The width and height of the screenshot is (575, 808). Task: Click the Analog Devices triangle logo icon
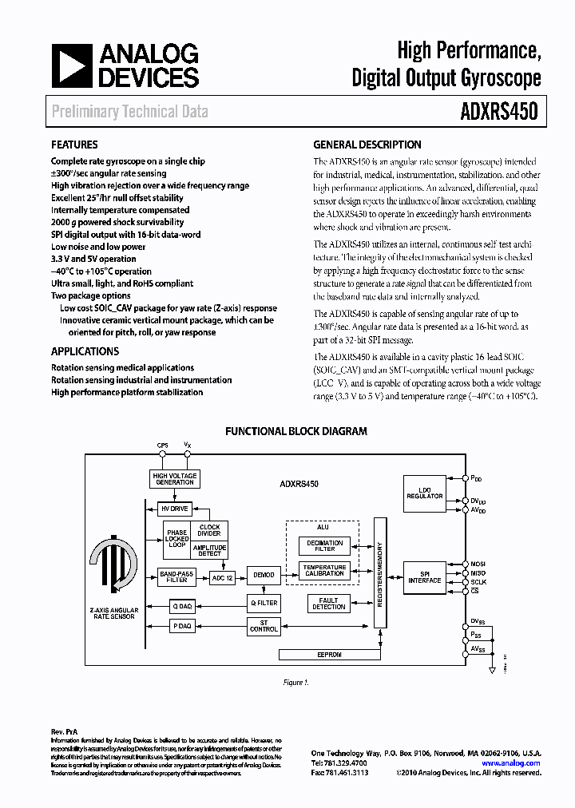point(71,65)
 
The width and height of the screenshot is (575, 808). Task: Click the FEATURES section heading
point(74,145)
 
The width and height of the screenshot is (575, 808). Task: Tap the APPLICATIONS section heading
point(85,351)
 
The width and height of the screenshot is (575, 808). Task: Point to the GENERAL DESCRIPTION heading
point(367,145)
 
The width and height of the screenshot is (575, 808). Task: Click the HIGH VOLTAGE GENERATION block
point(175,479)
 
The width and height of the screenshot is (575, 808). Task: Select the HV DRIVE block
point(175,509)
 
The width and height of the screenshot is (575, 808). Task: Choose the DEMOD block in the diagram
point(264,575)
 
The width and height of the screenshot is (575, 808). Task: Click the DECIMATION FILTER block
point(324,546)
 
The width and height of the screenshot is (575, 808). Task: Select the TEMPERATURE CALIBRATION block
point(324,570)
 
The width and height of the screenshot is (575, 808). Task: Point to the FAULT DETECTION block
point(329,603)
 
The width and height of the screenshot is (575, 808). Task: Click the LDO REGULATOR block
point(424,493)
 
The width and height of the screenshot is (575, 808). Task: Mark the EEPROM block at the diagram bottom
point(329,654)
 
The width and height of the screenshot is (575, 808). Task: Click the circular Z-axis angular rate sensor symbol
point(114,568)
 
